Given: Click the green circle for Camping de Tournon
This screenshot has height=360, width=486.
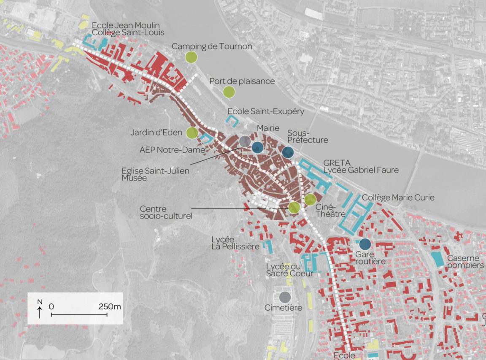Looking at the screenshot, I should [191, 57].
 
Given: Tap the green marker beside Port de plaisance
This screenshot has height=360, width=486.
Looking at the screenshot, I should [229, 92].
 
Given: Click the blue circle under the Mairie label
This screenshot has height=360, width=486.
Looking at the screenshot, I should [257, 147].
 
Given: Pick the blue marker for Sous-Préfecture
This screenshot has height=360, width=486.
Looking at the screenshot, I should [288, 152].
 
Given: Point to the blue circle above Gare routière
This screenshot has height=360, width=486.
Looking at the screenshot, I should [365, 244].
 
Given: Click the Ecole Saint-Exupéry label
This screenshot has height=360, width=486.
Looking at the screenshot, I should [266, 111].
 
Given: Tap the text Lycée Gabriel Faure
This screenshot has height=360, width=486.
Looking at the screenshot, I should [361, 170].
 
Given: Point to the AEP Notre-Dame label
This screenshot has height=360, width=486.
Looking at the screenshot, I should [172, 149].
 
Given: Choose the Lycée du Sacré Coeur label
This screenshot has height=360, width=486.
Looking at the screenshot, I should [289, 270].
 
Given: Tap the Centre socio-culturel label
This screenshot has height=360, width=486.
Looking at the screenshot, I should [166, 212].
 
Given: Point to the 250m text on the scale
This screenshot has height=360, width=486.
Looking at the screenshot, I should [110, 306].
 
